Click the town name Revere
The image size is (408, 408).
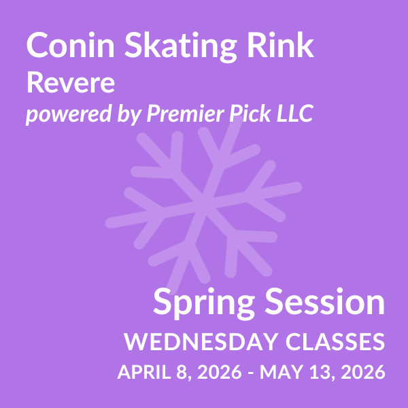point(70,84)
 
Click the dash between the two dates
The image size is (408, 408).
point(248,373)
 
